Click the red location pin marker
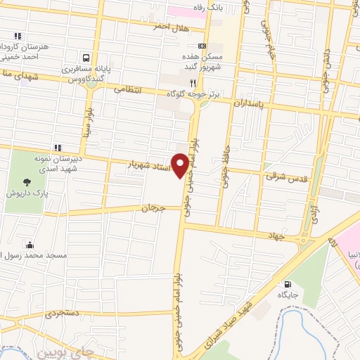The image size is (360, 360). coord(181,165)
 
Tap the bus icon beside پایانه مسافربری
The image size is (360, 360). coord(86,58)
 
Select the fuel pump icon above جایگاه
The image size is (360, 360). coord(287,286)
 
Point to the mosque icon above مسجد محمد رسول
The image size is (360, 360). coord(30,245)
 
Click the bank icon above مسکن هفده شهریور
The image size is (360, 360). coord(202,46)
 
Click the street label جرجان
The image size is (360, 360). coord(151,209)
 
